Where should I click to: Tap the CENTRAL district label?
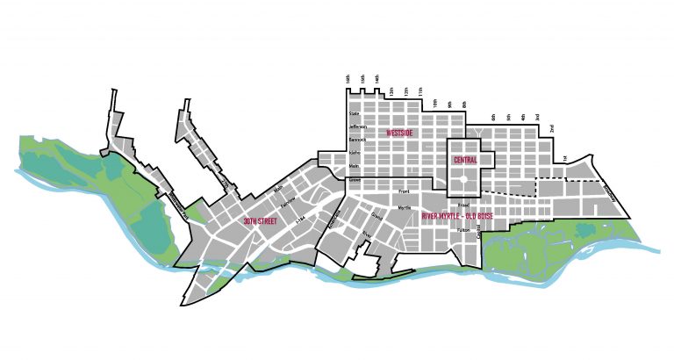[x=465, y=161]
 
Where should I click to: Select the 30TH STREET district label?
[x=261, y=221]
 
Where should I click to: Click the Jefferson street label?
[x=357, y=127]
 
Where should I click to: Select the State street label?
[x=355, y=114]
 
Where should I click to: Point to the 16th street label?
[x=348, y=79]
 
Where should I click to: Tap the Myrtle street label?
[x=405, y=209]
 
